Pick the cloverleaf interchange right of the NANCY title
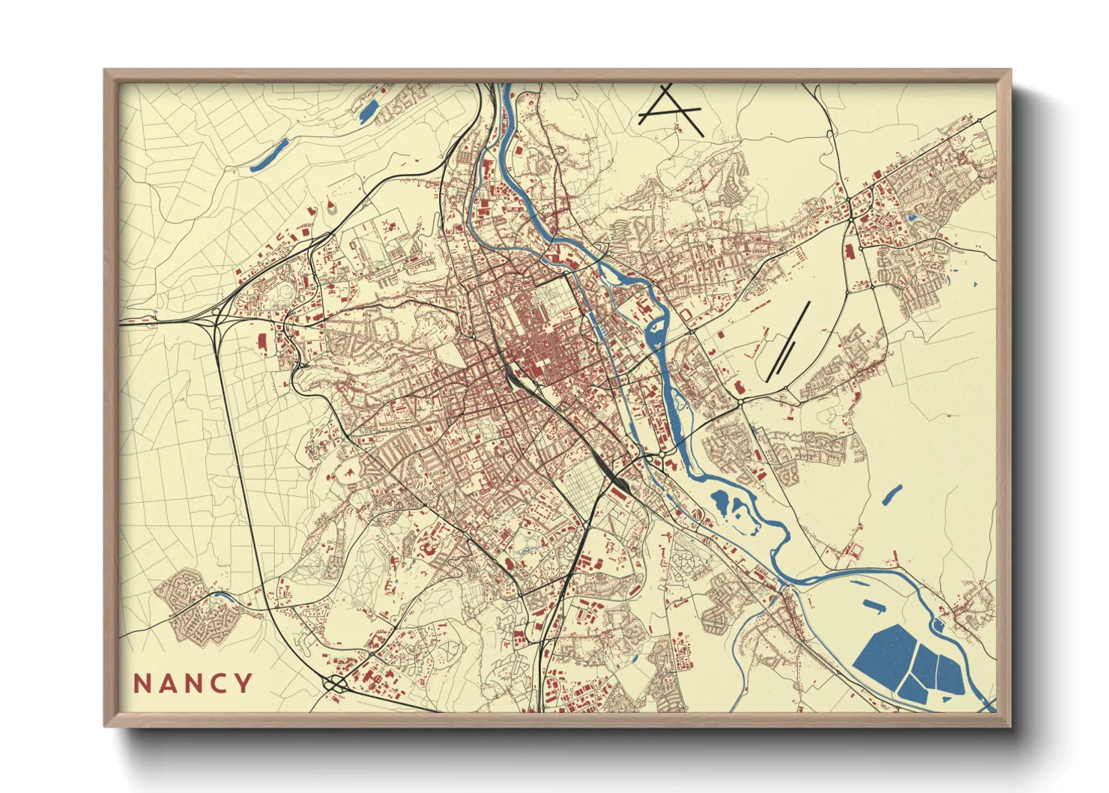[x=335, y=683]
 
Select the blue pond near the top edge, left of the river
[x=369, y=110]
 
